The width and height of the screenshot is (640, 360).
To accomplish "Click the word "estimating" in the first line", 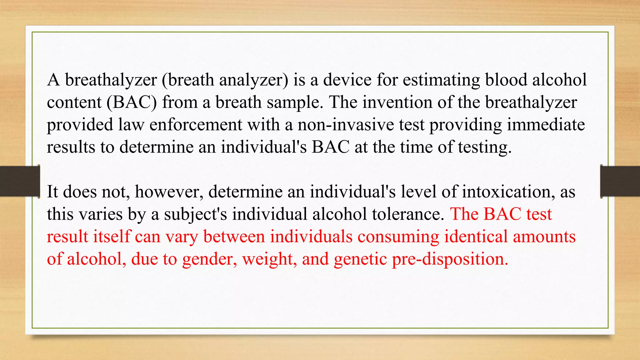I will pos(441,80).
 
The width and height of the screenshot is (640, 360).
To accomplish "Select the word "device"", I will pos(347,80).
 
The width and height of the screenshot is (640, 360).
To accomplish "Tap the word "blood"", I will pos(506,80).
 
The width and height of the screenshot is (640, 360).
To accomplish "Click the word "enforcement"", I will pos(196,125).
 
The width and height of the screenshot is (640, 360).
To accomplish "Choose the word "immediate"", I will pos(546,125).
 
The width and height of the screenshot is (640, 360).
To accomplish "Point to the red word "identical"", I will pos(476,236).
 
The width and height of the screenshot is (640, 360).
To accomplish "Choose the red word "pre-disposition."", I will pos(450,259).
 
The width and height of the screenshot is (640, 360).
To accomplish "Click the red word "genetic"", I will pos(360,259).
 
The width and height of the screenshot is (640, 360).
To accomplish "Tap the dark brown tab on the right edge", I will pos(620,181).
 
